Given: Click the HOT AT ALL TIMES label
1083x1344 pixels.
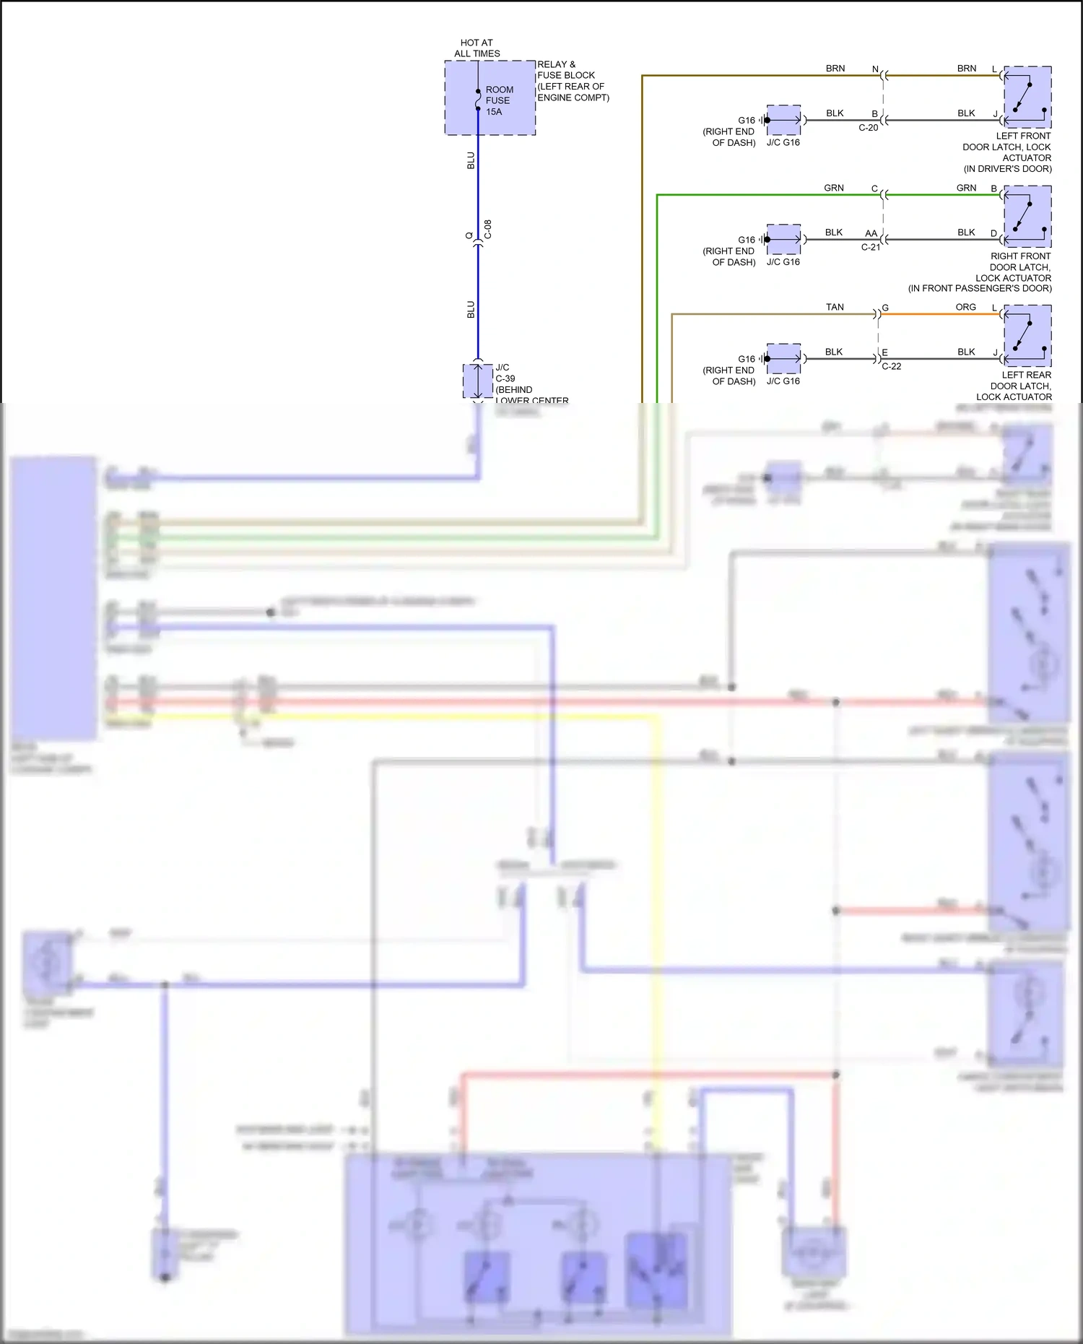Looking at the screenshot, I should click(x=477, y=48).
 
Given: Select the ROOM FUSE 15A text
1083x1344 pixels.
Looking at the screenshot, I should click(x=498, y=100).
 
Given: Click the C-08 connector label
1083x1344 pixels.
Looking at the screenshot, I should click(x=488, y=230).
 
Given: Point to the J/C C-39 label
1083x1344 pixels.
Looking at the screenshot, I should click(x=505, y=373).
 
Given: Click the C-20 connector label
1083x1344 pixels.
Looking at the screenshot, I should click(x=868, y=128).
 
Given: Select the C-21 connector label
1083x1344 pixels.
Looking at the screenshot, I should click(x=870, y=247).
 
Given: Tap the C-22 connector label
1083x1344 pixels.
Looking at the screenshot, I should click(x=891, y=366).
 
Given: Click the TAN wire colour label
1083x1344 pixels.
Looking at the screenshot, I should click(x=835, y=307).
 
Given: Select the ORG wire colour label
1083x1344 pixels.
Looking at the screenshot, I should click(x=965, y=307).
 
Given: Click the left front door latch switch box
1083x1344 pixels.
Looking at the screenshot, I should click(x=1027, y=97).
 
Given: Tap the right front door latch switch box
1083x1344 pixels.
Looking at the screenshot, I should click(x=1027, y=217).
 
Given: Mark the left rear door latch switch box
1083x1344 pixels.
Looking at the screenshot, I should click(x=1027, y=336).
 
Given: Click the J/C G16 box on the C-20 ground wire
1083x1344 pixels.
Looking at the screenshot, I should click(x=783, y=120).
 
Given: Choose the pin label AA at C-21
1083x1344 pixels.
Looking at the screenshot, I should click(x=871, y=233).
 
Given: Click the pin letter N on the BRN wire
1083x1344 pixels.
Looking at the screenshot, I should click(x=875, y=69).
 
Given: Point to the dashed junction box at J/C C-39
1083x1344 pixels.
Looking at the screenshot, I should click(x=477, y=381).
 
